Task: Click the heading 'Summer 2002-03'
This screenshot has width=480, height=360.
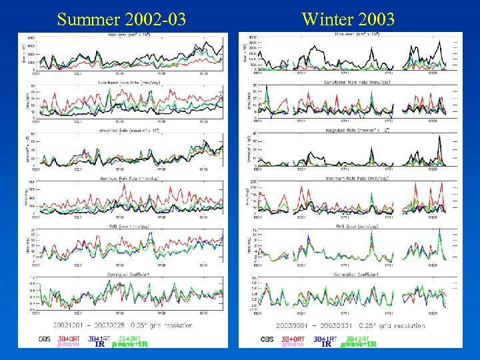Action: (x=121, y=19)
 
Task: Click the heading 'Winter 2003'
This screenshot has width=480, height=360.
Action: (x=348, y=19)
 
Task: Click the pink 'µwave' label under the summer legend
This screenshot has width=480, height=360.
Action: (x=69, y=345)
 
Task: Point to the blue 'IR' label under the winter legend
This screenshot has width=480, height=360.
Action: (x=327, y=345)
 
